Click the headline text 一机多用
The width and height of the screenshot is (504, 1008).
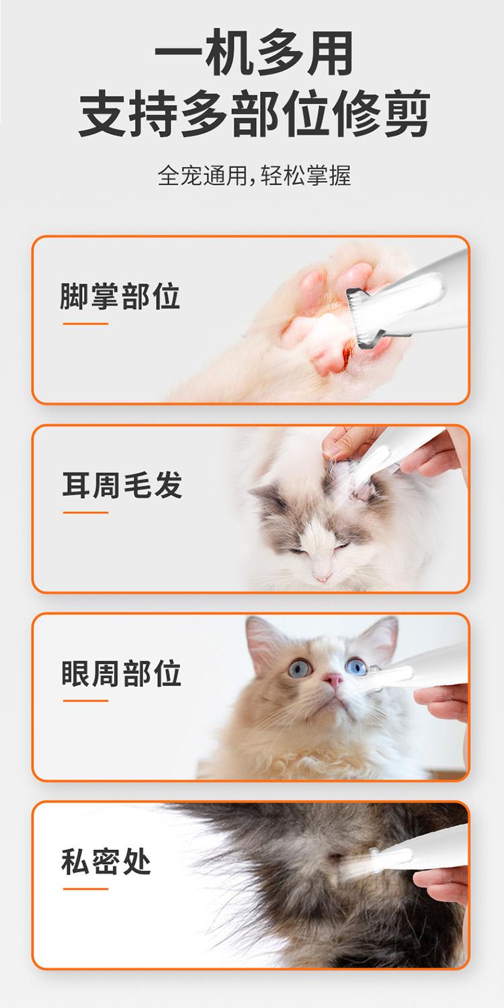254,53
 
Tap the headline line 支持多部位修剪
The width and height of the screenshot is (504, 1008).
254,113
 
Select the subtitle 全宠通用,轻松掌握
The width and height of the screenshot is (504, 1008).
254,175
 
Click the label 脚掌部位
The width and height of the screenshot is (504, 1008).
120,296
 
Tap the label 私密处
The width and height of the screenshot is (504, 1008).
106,862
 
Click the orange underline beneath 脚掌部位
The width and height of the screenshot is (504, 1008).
85,323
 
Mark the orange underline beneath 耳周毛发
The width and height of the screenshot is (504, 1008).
85,512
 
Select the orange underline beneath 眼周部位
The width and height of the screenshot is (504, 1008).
85,701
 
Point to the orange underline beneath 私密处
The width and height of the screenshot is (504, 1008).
85,889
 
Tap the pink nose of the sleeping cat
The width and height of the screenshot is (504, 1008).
322,577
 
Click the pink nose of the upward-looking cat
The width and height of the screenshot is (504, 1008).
333,680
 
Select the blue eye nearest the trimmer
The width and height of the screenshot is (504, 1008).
356,666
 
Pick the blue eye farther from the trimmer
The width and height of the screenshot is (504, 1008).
300,668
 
